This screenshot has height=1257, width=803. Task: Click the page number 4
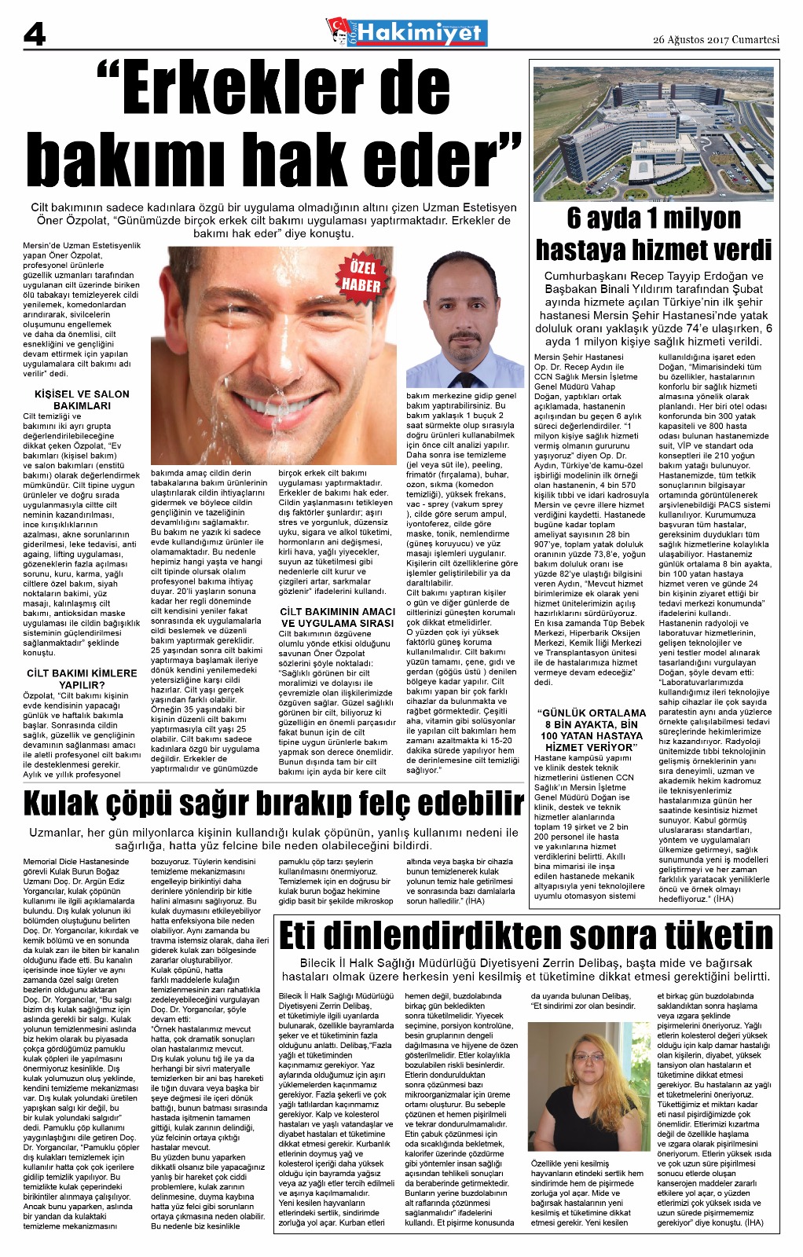35,34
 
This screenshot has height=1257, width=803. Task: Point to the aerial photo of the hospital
654,134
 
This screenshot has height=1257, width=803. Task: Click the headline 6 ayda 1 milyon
654,218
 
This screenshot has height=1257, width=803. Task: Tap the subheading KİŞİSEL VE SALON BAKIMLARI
82,400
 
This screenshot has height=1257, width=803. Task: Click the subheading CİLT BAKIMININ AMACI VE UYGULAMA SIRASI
337,617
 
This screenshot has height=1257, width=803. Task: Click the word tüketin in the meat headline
706,936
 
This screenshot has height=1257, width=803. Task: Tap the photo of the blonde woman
588,1085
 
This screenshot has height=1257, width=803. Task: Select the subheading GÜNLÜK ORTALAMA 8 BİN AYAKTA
592,730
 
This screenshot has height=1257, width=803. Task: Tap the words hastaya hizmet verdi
654,250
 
